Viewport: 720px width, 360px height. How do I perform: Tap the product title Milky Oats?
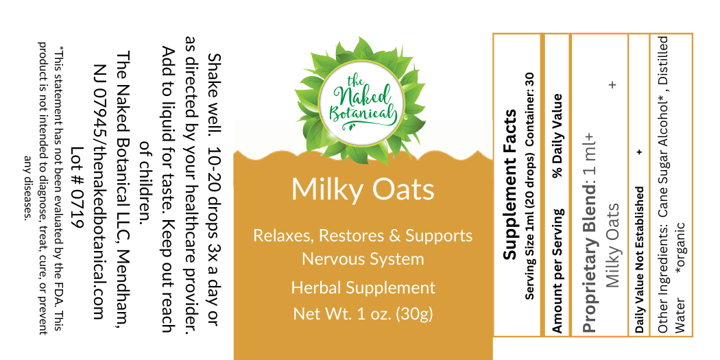tap(363, 189)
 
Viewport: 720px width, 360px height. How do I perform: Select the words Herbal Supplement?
tap(363, 288)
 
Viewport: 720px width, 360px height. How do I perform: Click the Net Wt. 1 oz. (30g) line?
tap(363, 314)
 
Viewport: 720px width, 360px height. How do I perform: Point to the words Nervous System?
tap(363, 259)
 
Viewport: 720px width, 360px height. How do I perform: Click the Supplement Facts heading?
tap(510, 184)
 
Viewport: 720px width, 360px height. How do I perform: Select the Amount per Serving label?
tap(557, 271)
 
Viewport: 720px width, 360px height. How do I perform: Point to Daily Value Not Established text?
tap(639, 259)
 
